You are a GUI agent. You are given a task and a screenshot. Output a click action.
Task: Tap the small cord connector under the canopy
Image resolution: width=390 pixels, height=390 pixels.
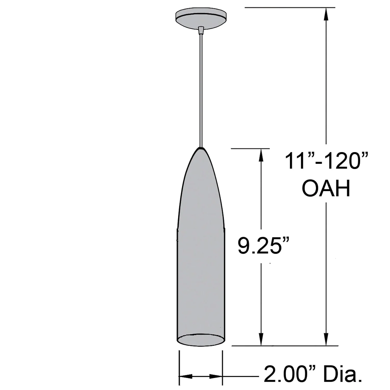200,30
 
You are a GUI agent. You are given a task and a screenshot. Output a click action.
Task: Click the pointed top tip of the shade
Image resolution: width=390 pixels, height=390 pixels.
200,149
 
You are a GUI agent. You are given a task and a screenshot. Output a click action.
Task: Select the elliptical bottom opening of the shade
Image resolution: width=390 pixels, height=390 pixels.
201,339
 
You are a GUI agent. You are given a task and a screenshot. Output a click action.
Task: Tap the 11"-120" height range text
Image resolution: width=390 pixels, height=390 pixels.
327,161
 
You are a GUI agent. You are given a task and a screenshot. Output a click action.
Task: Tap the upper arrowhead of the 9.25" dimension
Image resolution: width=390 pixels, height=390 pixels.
261,155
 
